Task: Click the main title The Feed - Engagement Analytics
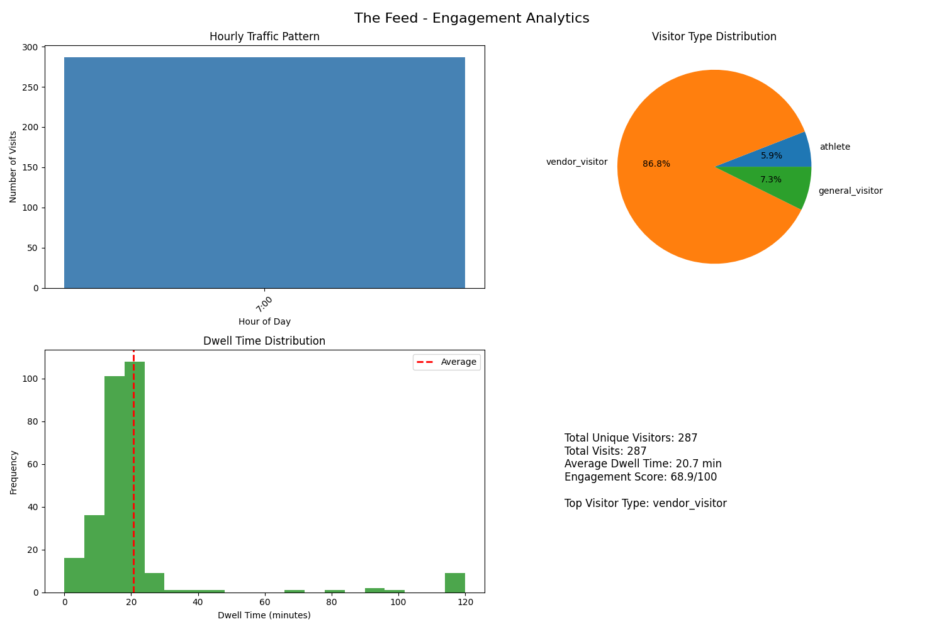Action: pyautogui.click(x=471, y=18)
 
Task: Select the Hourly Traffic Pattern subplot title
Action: pyautogui.click(x=264, y=36)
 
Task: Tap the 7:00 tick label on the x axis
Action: pyautogui.click(x=264, y=304)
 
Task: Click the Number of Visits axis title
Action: pyautogui.click(x=13, y=167)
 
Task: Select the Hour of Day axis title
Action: pyautogui.click(x=264, y=321)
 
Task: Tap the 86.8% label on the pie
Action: pyautogui.click(x=656, y=164)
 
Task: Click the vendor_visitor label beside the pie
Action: pyautogui.click(x=576, y=162)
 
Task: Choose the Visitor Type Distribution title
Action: pyautogui.click(x=714, y=36)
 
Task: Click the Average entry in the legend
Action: pyautogui.click(x=458, y=362)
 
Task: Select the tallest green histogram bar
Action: pyautogui.click(x=135, y=478)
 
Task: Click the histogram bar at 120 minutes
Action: pyautogui.click(x=454, y=582)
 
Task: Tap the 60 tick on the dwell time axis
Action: pyautogui.click(x=264, y=602)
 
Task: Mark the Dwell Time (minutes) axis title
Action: pyautogui.click(x=264, y=615)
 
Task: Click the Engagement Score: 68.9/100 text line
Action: pyautogui.click(x=640, y=477)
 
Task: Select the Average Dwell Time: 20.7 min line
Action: pyautogui.click(x=643, y=464)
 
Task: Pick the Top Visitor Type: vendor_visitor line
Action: pyautogui.click(x=645, y=503)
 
